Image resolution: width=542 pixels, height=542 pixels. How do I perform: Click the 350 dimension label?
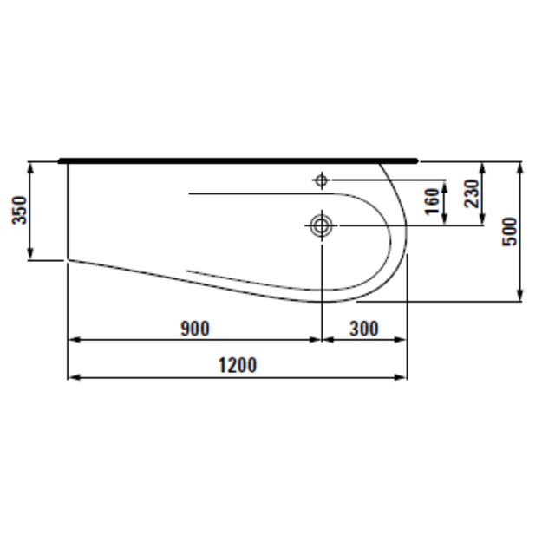(x=19, y=210)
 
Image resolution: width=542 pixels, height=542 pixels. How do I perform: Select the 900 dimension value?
(x=195, y=329)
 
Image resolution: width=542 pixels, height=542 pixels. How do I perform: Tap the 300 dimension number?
(x=364, y=329)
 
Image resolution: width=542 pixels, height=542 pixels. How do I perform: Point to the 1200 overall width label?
(x=238, y=365)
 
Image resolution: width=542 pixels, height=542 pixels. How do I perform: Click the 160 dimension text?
(x=432, y=201)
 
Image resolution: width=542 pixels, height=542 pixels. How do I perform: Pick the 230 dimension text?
(x=472, y=193)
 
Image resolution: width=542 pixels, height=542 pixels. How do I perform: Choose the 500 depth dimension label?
(x=510, y=232)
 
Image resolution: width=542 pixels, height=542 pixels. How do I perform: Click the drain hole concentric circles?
(x=322, y=225)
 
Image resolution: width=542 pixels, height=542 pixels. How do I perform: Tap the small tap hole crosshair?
(x=322, y=180)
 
